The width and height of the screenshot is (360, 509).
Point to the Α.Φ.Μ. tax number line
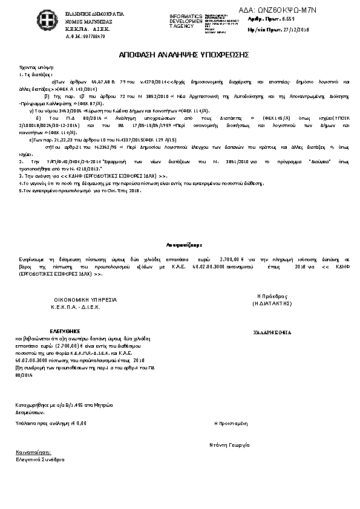point(85,36)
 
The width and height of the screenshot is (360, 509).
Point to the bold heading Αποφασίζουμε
point(180,244)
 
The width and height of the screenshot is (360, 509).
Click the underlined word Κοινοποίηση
point(34,452)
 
